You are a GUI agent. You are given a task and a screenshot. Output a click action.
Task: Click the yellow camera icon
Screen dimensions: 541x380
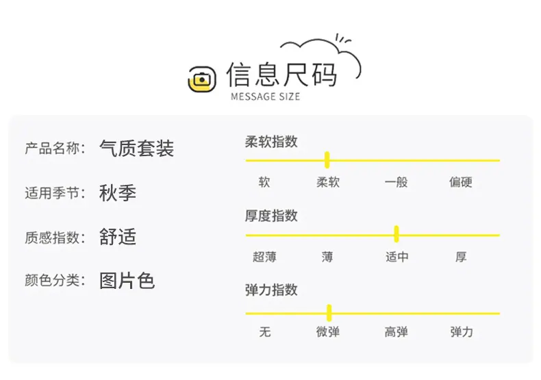(202, 79)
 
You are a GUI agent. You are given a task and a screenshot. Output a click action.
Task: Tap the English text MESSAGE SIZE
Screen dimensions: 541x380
(265, 97)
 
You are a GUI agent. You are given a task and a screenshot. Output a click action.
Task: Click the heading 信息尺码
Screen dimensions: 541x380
(281, 74)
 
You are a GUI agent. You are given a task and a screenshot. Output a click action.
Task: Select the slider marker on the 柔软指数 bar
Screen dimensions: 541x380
(327, 160)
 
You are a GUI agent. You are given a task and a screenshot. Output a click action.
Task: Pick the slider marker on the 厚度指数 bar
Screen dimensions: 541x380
(397, 234)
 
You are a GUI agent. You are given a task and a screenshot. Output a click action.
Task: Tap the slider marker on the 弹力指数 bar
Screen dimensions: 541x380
(329, 313)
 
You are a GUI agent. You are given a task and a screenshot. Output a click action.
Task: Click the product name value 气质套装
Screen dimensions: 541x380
(137, 149)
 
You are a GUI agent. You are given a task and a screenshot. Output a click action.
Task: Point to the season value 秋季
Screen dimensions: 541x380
(118, 193)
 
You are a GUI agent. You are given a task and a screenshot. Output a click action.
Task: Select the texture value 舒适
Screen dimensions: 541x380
(118, 237)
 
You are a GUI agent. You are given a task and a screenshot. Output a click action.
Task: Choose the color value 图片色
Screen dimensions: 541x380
(127, 281)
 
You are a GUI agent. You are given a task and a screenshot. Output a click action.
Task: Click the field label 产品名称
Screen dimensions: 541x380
(52, 149)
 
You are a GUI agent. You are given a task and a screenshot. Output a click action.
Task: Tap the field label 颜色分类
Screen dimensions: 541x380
(52, 280)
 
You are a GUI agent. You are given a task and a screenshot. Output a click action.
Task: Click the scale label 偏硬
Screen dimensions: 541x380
(461, 182)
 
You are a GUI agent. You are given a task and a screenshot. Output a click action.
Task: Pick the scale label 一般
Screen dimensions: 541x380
(396, 182)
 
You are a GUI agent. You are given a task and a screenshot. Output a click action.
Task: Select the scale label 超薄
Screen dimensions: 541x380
(264, 257)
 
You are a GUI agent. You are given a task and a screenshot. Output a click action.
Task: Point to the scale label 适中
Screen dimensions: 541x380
(397, 257)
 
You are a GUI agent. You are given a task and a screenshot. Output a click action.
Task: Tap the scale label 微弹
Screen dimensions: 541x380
(328, 332)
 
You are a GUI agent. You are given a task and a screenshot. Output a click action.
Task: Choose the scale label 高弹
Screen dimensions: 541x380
(396, 332)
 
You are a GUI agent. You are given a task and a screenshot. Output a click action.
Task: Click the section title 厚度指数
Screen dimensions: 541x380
(271, 216)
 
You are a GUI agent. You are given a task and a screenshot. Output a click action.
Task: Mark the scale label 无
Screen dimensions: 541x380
(264, 332)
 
